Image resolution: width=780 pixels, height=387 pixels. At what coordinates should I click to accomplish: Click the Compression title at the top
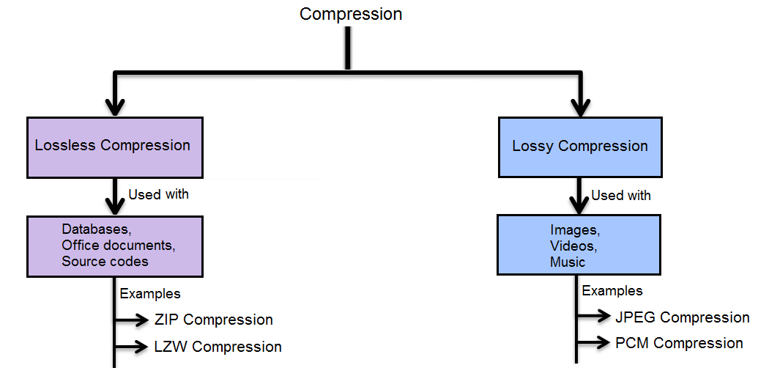coord(351,14)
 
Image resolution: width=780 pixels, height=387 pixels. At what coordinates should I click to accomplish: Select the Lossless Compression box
coord(113,145)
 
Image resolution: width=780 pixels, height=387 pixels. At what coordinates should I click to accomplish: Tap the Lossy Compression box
coord(579,146)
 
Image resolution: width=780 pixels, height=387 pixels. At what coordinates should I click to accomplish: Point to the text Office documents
coord(119,245)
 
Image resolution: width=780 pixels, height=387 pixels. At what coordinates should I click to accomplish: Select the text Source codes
coord(105,261)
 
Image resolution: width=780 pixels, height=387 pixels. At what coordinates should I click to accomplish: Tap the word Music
coord(568,262)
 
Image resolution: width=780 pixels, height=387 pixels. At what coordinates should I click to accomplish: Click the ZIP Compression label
coord(214,320)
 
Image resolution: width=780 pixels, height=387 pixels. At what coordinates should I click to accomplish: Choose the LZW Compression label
coord(218,347)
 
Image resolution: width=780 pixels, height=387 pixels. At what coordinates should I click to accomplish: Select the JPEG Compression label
coord(683,317)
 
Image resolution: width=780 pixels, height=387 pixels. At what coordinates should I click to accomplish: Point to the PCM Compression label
coord(679,343)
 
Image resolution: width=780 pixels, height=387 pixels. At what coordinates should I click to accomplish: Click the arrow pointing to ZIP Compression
coord(133,320)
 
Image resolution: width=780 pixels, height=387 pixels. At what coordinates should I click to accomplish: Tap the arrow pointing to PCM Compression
coord(595,342)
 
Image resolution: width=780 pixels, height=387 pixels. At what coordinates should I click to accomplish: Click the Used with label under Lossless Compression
coord(158,194)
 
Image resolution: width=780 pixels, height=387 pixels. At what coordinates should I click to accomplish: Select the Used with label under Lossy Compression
coord(621,196)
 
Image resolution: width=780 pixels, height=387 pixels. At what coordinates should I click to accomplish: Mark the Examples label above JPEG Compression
coord(612,291)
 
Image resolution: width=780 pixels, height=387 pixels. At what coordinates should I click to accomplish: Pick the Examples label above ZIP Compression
coord(150,294)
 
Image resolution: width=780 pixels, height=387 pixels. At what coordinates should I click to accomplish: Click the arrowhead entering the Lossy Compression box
coord(579,107)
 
